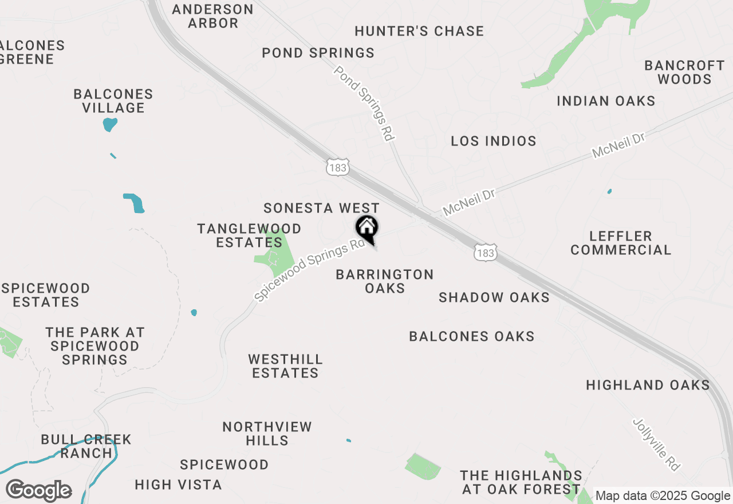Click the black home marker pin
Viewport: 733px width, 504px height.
pos(367,228)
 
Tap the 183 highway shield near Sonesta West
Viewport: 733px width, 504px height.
pos(337,167)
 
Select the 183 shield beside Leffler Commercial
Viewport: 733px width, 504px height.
pos(485,252)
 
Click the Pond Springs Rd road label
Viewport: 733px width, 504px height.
pos(364,104)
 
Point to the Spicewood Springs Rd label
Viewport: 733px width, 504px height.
pos(310,270)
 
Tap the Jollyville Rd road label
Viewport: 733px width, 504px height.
pos(657,444)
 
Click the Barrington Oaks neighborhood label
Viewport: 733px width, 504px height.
pos(385,281)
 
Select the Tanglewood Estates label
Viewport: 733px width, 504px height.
pos(249,235)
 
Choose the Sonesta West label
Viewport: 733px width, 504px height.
pos(321,208)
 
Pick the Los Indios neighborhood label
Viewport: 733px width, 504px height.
pos(494,141)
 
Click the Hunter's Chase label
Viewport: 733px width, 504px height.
pos(419,31)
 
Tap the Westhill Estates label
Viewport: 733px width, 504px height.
pos(285,366)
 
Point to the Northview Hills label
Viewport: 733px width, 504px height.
pos(267,434)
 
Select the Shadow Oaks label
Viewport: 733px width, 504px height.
pos(494,297)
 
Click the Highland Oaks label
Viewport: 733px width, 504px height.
pos(648,385)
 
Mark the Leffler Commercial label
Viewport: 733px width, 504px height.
pos(621,243)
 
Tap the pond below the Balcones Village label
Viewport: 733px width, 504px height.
pos(110,124)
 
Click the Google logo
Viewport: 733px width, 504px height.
pos(38,491)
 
